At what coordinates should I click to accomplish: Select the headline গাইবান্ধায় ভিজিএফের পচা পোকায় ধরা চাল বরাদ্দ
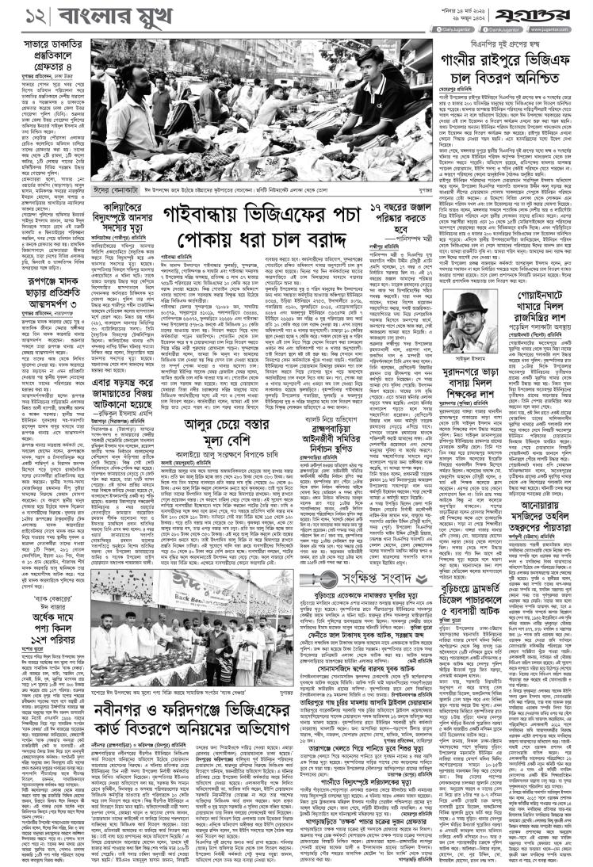point(266,227)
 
